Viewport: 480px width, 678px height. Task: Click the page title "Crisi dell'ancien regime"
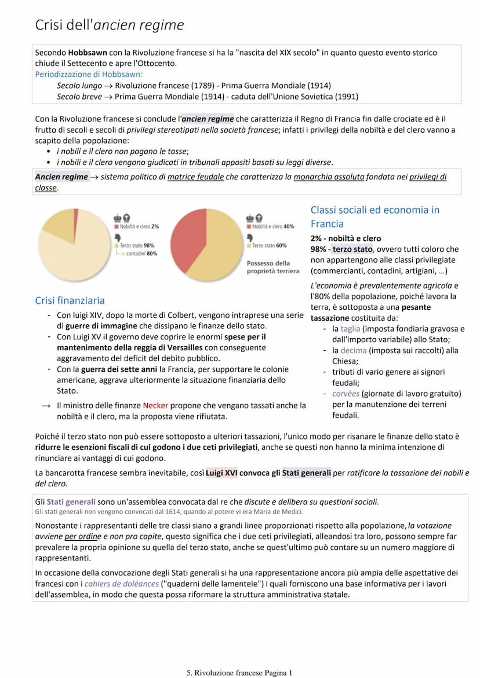[110, 25]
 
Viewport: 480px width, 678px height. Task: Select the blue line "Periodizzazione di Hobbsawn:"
[89, 74]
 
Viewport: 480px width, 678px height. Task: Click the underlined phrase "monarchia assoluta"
[329, 177]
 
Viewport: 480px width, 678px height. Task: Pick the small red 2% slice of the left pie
[76, 214]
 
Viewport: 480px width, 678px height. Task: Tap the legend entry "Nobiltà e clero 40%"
[273, 226]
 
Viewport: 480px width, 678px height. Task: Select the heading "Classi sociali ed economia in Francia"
[375, 217]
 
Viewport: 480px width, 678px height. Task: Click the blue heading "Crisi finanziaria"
[70, 300]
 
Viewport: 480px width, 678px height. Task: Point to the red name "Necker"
[155, 405]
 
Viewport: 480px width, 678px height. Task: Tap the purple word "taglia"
[350, 329]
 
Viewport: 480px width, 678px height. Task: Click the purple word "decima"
[354, 350]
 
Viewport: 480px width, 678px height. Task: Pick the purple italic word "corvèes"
[346, 394]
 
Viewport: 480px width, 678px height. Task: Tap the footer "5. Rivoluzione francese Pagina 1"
[239, 673]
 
